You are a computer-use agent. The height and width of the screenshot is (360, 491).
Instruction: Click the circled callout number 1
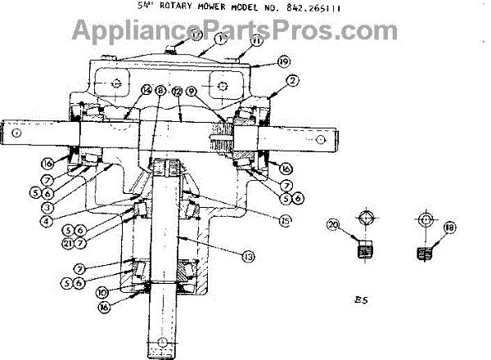[x=220, y=38]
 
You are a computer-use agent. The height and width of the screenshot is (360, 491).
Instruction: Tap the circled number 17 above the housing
[x=196, y=34]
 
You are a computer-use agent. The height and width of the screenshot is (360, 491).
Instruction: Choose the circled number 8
[x=161, y=92]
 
